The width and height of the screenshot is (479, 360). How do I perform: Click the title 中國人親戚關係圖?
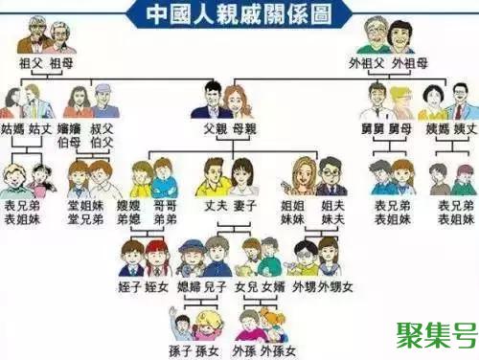coord(239,13)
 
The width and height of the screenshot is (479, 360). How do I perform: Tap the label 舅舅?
coord(373,127)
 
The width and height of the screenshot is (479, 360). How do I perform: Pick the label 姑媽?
coord(13,127)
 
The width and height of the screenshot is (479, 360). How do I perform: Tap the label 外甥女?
coord(337,286)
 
